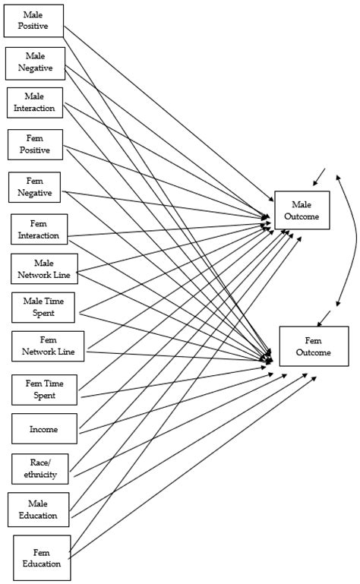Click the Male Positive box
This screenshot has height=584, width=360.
(x=33, y=21)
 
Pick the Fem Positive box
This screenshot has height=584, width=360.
(x=35, y=145)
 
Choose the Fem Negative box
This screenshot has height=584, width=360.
(x=35, y=188)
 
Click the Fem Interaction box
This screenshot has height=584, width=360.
(x=39, y=229)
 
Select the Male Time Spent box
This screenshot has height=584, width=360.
(x=43, y=308)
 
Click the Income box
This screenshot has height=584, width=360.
(x=44, y=429)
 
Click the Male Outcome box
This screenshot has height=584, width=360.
(x=302, y=210)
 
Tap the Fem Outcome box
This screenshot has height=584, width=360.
(x=314, y=346)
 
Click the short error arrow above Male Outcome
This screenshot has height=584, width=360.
(x=319, y=178)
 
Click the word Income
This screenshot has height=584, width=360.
(x=44, y=429)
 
